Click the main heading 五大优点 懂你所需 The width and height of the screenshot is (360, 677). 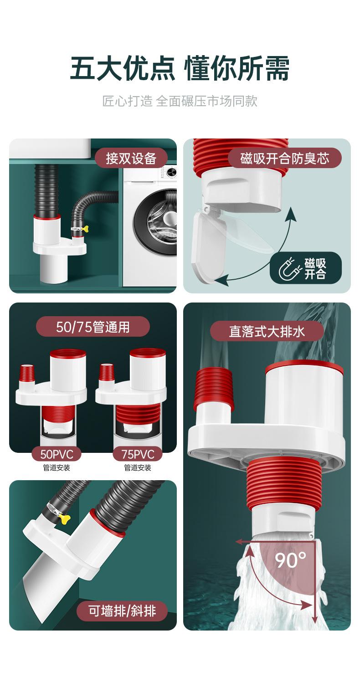tap(180, 68)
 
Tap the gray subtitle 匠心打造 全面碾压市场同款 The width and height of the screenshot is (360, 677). tap(180, 101)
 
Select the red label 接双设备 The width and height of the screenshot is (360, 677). tap(131, 158)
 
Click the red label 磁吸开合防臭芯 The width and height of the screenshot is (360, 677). tap(285, 158)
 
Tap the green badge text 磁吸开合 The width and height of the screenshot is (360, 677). tap(315, 268)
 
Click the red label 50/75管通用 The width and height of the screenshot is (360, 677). tap(93, 327)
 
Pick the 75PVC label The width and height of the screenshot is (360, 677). tap(138, 454)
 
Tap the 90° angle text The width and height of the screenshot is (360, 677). tap(290, 560)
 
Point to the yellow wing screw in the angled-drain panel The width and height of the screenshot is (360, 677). tap(64, 519)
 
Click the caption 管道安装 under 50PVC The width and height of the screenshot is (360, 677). tap(57, 468)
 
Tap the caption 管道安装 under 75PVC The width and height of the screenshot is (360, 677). tap(138, 468)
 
